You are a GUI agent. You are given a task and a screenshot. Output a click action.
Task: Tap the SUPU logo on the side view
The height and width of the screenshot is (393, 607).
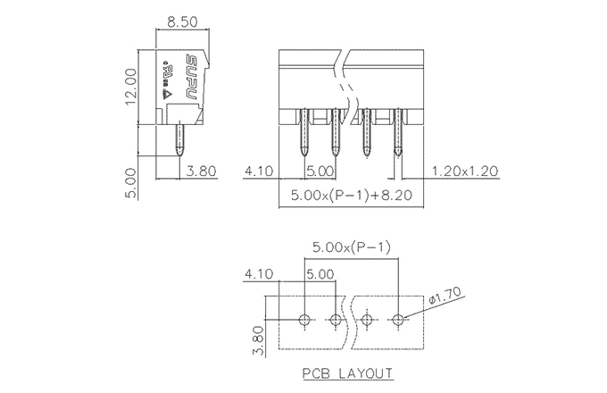point(191,79)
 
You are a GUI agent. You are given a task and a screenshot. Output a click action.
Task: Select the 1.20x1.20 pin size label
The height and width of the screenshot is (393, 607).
point(464,171)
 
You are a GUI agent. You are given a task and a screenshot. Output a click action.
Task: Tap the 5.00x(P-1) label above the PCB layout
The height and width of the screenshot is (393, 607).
point(351,247)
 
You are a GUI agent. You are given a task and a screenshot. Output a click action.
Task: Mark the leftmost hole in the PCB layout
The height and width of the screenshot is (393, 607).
point(304,319)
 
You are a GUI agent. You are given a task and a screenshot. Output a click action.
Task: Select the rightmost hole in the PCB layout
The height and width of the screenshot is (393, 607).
point(399,319)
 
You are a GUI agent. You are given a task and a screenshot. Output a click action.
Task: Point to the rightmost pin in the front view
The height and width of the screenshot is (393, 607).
point(399,133)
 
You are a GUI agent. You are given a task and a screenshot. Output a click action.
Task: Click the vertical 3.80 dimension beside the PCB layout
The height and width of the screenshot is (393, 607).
point(257,339)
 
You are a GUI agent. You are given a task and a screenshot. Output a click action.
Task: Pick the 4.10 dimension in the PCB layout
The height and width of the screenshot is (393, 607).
point(257,275)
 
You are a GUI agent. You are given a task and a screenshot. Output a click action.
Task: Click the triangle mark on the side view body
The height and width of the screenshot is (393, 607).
point(166,89)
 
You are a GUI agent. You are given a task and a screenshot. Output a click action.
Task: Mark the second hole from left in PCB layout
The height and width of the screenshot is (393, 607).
point(336,319)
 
